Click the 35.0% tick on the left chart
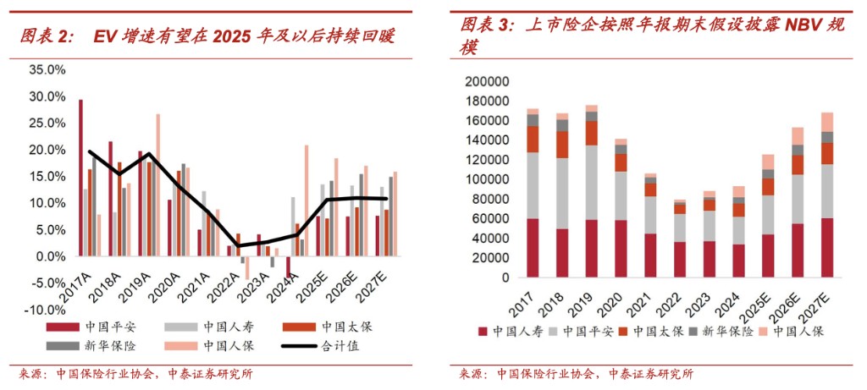pos(46,70)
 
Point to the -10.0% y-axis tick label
pos(44,310)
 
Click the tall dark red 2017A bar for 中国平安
pos(80,178)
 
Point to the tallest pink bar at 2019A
pos(157,184)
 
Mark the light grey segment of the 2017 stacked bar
pos(533,185)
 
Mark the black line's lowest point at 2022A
pos(239,246)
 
